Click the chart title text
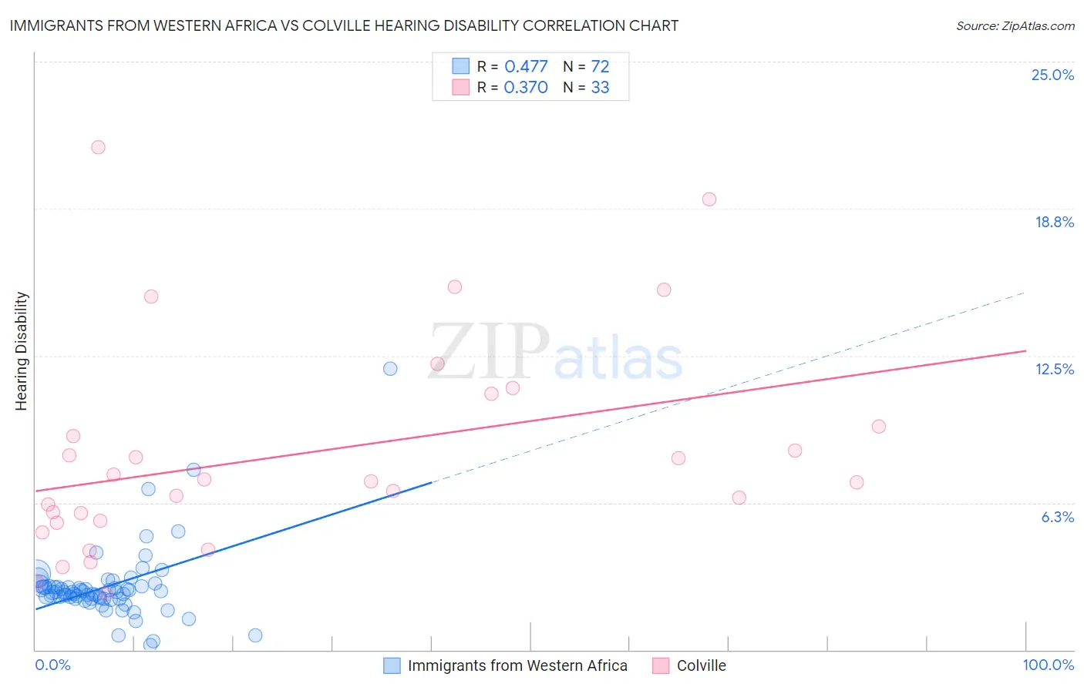click(344, 25)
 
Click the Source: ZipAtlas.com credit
click(1015, 25)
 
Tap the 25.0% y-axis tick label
click(1052, 75)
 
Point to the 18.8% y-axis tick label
click(1054, 222)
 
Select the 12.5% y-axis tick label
click(1054, 369)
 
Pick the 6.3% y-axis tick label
click(1057, 517)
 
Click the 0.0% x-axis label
click(53, 665)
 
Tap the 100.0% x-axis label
click(1048, 665)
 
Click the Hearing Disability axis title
click(22, 351)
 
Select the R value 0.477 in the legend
click(526, 66)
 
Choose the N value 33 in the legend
click(600, 87)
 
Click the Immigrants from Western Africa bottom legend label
click(517, 665)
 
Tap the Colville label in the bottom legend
click(701, 665)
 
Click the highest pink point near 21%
click(98, 147)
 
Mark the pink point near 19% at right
click(709, 199)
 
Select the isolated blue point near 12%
click(390, 369)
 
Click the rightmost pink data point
click(879, 427)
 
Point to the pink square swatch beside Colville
click(661, 665)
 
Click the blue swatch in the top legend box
click(460, 66)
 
